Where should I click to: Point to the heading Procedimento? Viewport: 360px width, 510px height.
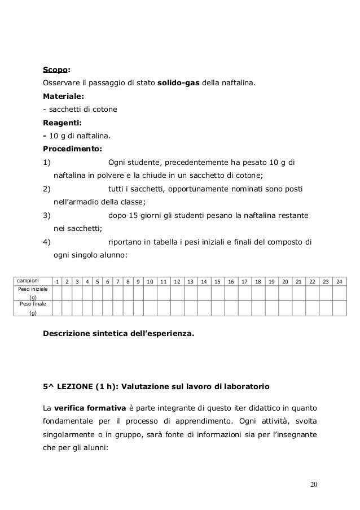pyautogui.click(x=72, y=149)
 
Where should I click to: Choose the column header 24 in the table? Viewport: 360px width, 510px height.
pyautogui.click(x=339, y=281)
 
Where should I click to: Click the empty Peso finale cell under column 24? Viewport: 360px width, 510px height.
pyautogui.click(x=339, y=307)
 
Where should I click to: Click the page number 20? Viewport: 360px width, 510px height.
pyautogui.click(x=314, y=486)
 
